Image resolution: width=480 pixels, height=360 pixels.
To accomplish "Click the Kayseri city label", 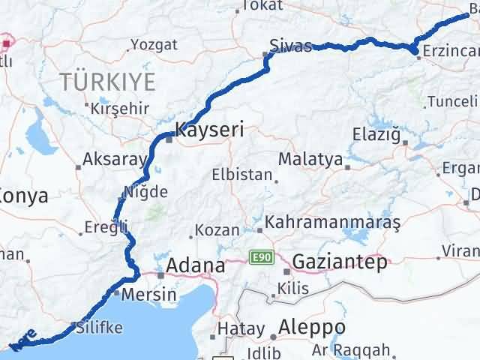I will (209, 130).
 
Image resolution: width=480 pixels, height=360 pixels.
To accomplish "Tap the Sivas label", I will (292, 46).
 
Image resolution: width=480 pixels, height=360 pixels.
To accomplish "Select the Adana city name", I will (195, 265).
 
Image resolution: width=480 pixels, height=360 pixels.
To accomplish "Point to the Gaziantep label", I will (340, 262).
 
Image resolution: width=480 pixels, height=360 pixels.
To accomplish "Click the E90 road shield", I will (260, 258).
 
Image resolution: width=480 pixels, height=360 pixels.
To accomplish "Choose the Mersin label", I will (148, 295).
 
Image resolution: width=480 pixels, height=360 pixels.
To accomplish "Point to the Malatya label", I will (310, 160).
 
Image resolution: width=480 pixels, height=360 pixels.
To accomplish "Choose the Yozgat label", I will (154, 44).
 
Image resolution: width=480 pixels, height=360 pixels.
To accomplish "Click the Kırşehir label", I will (119, 108).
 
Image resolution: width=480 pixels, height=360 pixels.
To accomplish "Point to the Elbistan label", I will (242, 175).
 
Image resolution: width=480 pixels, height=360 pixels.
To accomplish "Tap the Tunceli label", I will (451, 101).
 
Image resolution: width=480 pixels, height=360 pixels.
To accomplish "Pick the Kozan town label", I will (218, 230).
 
